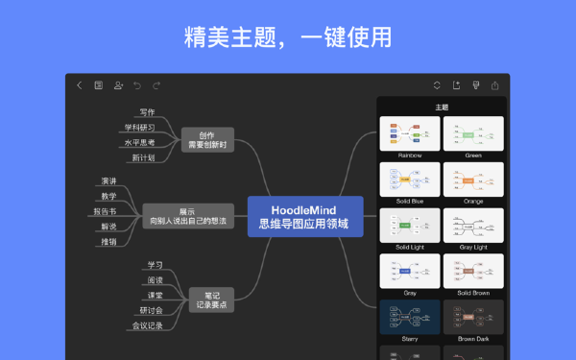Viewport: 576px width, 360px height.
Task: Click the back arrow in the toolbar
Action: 79,85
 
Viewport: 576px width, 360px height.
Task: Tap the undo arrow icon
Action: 136,85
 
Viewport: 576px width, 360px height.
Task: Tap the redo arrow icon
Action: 156,85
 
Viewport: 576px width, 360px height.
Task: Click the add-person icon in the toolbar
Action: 118,85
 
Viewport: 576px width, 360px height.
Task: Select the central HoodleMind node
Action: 304,217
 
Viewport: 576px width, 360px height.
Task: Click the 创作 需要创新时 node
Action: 207,140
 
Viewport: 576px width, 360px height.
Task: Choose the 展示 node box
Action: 188,216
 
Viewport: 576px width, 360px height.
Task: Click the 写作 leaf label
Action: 146,112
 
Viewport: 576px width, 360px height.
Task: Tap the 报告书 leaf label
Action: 105,211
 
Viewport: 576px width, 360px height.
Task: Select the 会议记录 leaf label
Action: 147,325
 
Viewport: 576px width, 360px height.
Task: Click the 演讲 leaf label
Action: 108,180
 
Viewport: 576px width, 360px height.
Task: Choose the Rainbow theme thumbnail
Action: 410,133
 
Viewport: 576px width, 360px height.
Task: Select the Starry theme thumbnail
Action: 410,318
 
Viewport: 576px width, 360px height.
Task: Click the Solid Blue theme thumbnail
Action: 410,180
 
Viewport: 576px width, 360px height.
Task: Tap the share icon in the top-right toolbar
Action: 495,85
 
